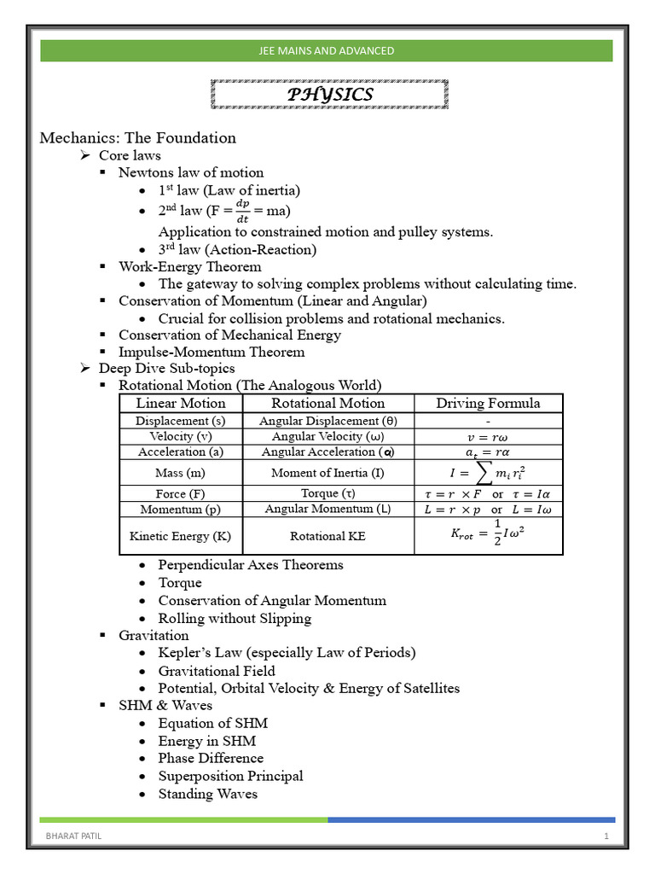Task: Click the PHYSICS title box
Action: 328,94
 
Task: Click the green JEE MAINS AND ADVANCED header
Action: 327,50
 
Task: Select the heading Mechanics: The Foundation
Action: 138,137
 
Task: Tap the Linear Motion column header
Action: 181,403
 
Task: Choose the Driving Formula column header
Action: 488,403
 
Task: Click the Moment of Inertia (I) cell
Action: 327,472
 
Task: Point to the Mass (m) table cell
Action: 181,472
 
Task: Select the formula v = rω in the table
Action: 488,436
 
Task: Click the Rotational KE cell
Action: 327,537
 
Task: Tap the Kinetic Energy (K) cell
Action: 181,537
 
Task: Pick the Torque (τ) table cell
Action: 327,493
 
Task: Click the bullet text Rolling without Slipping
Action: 235,618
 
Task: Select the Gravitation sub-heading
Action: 154,635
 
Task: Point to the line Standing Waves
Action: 207,794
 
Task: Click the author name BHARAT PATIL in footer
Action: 73,836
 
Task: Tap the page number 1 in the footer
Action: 606,836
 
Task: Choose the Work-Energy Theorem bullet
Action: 189,266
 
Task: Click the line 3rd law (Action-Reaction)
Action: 236,249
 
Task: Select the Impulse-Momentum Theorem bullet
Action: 211,352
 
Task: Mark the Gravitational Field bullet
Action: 217,671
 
